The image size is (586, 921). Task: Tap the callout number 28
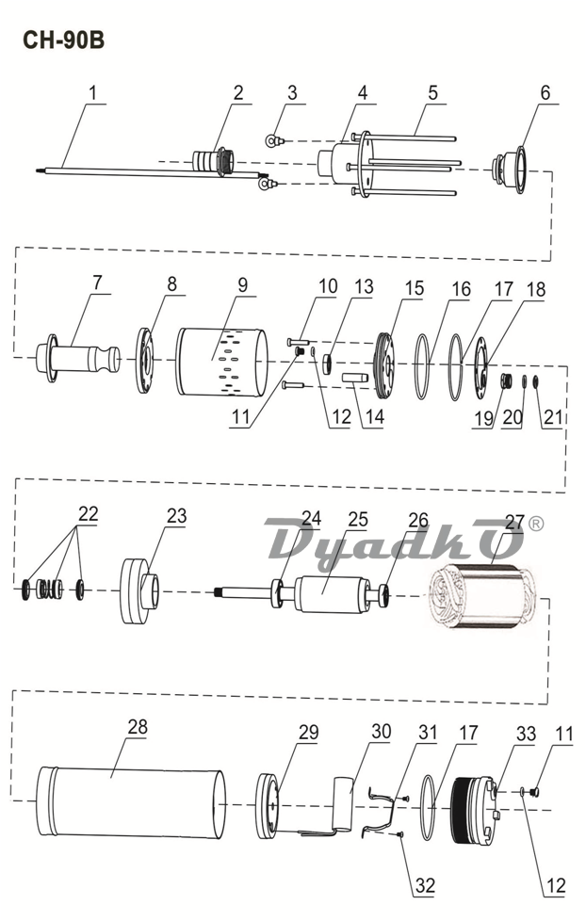(138, 727)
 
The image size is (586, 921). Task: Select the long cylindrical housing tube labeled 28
(132, 800)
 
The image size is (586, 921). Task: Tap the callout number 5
(432, 93)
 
